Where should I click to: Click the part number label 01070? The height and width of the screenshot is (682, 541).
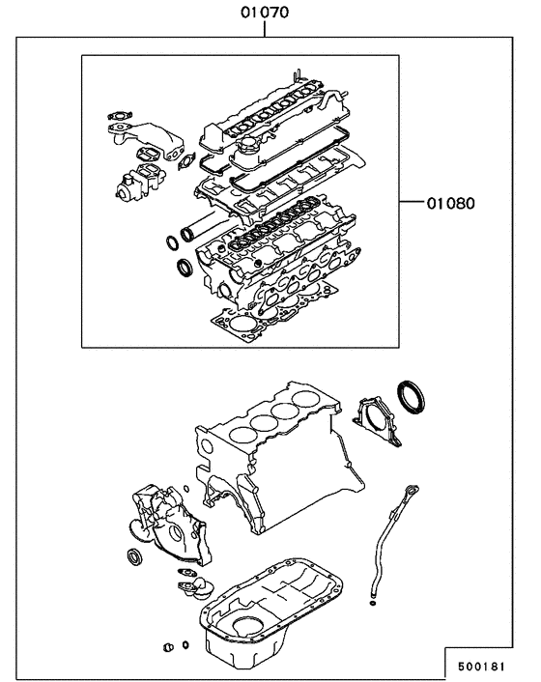[265, 13]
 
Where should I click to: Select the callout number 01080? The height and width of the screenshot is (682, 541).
[450, 203]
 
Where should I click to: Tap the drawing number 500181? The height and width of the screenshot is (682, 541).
[481, 666]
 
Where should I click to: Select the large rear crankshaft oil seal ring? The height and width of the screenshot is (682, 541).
[411, 397]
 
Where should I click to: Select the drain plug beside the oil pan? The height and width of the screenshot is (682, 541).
[168, 647]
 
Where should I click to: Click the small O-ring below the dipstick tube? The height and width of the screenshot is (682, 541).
[373, 604]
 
